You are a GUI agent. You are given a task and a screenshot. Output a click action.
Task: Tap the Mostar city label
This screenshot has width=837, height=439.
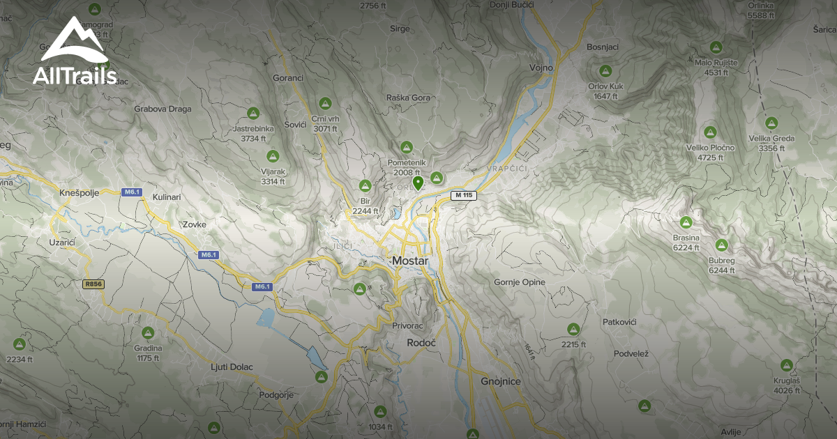[409, 261]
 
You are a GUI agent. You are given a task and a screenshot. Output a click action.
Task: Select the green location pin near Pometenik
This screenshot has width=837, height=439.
[418, 183]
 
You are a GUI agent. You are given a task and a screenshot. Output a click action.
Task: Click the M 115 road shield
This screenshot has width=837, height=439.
[462, 196]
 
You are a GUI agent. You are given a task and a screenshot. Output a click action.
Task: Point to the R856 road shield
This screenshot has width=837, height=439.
[92, 284]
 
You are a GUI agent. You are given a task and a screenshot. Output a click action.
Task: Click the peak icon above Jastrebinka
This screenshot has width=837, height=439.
[252, 114]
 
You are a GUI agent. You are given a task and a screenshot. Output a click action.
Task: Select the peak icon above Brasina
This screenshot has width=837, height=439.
[686, 222]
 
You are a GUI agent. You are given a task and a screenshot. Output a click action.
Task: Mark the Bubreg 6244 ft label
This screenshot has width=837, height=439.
[721, 265]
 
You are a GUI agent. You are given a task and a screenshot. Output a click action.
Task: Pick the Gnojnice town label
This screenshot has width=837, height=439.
[502, 381]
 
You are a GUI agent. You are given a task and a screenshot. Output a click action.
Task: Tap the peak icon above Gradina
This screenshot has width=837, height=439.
[147, 333]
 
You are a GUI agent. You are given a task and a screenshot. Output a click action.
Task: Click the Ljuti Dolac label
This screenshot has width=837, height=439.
[232, 367]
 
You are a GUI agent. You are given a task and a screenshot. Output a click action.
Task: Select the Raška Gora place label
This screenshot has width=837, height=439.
[408, 98]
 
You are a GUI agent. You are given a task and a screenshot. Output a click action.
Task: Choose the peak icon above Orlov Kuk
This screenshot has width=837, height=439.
[605, 71]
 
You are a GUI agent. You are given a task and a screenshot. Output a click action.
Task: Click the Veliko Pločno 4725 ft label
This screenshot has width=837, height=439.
[710, 152]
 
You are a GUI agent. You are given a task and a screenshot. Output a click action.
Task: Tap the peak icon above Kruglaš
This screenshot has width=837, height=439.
[786, 365]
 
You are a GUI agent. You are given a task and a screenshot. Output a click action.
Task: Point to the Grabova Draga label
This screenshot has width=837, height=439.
[163, 109]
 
